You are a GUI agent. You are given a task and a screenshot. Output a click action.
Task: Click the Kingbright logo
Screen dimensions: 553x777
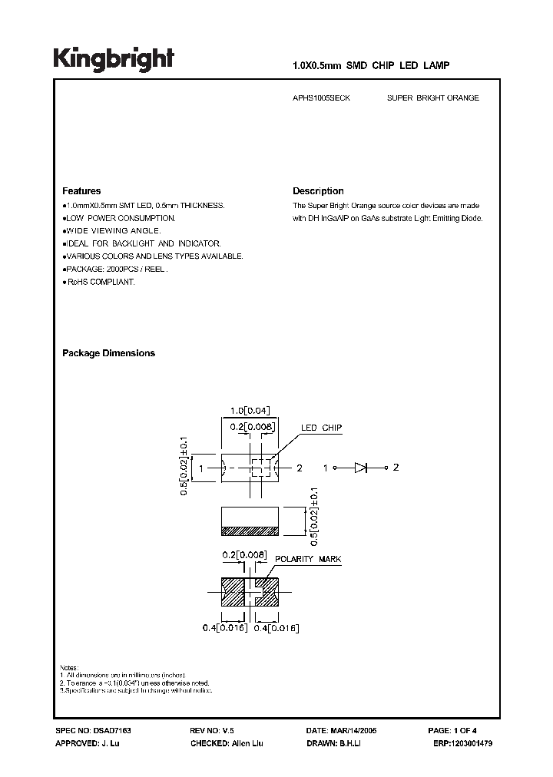pos(114,58)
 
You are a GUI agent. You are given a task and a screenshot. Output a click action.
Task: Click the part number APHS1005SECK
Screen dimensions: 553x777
pos(322,98)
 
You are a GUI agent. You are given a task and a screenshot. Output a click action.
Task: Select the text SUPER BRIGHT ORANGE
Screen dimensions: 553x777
pos(433,98)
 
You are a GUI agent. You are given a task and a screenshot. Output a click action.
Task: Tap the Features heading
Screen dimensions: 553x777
pos(81,191)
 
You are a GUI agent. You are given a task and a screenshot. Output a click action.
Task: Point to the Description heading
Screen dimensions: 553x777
pos(318,191)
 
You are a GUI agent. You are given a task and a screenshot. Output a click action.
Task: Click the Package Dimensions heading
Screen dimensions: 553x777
pos(108,353)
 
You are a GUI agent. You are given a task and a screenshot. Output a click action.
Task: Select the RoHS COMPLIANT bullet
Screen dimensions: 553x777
pos(98,283)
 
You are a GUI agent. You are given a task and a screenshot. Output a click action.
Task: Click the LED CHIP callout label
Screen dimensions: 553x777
pos(321,428)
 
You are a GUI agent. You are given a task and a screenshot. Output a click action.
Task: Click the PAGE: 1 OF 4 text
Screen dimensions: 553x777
pos(458,732)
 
